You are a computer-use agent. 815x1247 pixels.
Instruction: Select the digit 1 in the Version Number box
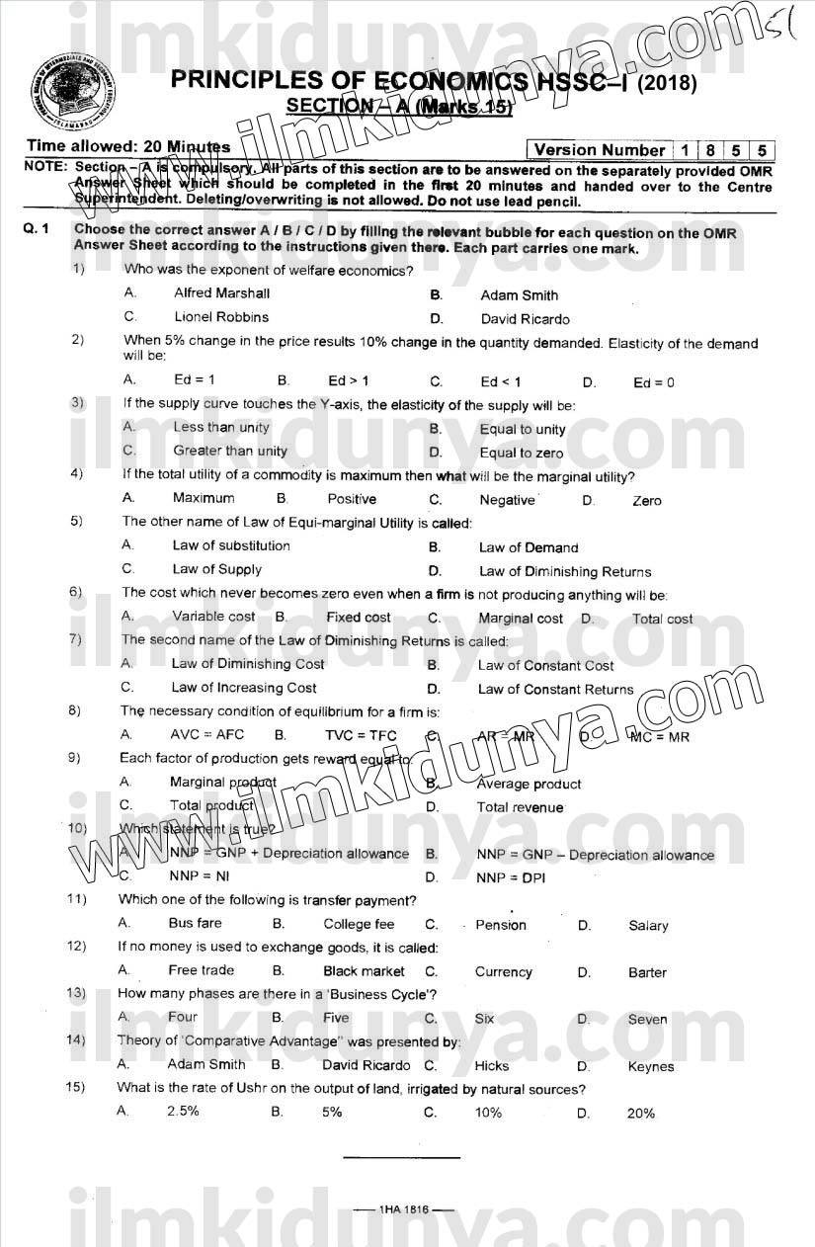685,150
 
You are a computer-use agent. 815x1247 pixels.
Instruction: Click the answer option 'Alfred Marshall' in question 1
221,293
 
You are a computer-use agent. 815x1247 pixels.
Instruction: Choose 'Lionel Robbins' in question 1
221,317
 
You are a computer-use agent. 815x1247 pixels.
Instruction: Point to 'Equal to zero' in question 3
521,454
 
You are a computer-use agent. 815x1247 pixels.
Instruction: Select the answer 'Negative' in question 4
507,500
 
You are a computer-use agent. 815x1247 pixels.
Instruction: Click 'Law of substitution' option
231,545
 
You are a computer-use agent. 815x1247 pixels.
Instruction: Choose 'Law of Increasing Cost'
244,688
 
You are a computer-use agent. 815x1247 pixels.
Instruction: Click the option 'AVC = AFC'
206,735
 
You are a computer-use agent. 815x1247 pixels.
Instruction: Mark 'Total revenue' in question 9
520,807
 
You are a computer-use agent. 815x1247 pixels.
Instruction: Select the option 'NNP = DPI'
510,877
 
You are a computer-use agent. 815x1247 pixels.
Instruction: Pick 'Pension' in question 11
501,925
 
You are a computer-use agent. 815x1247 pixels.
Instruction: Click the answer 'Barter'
647,972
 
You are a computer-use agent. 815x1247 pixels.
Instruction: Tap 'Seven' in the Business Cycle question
647,1020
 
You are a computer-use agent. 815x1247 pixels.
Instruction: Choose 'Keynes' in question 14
650,1066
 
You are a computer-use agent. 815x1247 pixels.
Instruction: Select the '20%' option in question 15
640,1113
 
